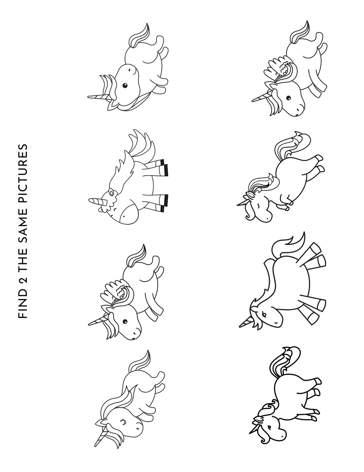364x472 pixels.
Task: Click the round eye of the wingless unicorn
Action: click(x=125, y=85)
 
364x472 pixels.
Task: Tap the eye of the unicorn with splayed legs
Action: click(x=264, y=314)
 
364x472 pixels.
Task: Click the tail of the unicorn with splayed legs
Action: click(x=289, y=243)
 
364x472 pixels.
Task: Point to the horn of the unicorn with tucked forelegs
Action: click(x=241, y=201)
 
